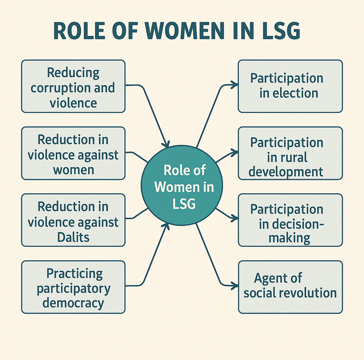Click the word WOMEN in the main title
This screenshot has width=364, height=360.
click(185, 30)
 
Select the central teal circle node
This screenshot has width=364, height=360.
click(182, 185)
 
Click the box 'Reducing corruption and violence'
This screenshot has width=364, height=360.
click(73, 86)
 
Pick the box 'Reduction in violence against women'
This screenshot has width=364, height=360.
click(73, 153)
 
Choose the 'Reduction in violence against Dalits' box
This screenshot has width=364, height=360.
click(73, 220)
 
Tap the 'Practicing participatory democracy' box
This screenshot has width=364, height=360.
click(73, 287)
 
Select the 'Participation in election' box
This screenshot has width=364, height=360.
click(291, 86)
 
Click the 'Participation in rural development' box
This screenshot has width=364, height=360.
click(291, 153)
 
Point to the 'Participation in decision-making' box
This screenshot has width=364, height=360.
click(291, 220)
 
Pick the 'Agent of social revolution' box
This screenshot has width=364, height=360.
click(291, 287)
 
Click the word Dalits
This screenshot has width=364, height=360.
click(73, 237)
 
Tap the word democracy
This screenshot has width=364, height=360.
click(73, 303)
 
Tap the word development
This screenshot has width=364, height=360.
click(286, 172)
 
